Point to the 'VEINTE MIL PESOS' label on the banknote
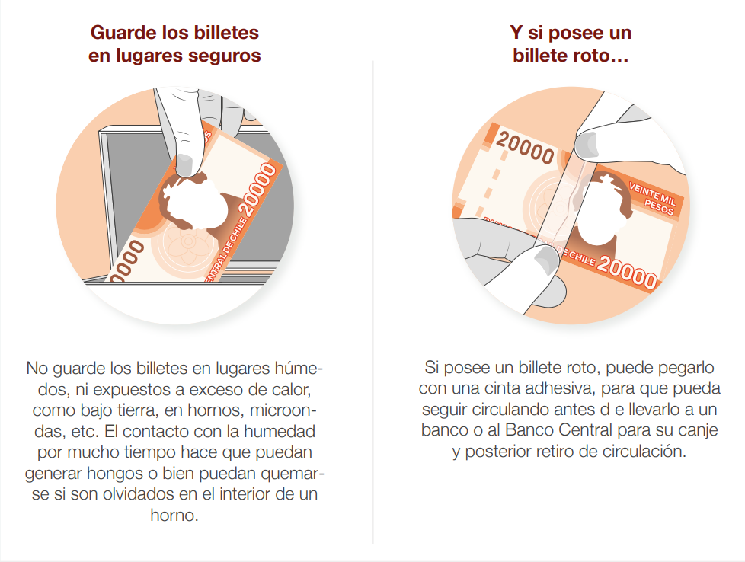pos(651,199)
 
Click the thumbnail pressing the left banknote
pos(185,164)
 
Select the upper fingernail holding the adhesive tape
pos(585,145)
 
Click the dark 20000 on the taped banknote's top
pos(525,148)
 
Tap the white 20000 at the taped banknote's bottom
pos(627,272)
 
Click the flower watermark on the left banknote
pos(188,244)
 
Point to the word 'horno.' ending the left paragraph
pos(174,515)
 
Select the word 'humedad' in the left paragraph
pos(280,431)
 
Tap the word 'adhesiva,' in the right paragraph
pos(540,388)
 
